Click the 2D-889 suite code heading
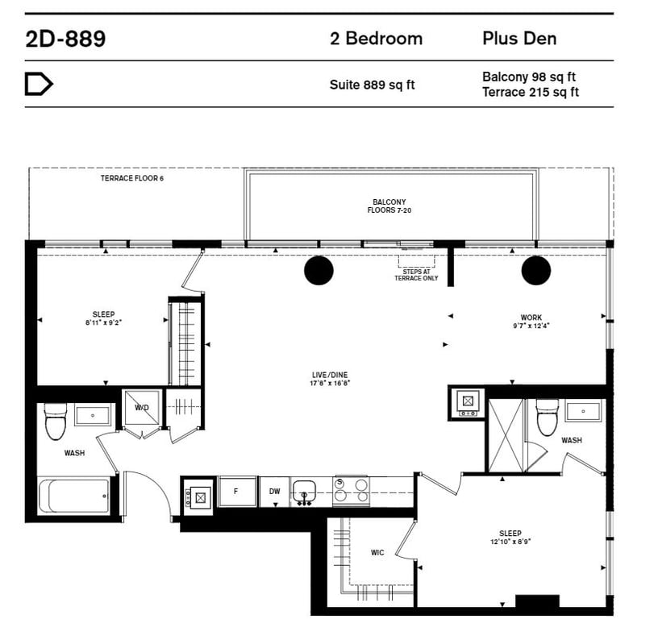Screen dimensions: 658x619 (x=65, y=39)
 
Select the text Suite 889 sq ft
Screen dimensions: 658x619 (x=372, y=85)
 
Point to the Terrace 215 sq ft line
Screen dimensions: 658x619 (x=531, y=92)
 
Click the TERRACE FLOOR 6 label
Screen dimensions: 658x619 (x=131, y=178)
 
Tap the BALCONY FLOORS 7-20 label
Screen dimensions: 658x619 (x=389, y=206)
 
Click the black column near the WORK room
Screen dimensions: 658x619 (x=536, y=271)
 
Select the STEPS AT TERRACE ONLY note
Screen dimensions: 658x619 (x=416, y=275)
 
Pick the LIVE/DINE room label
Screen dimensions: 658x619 (x=330, y=375)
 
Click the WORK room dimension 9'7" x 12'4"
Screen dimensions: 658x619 (x=531, y=326)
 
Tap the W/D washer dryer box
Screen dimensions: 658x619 (x=142, y=408)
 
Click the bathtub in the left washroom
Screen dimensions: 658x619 (x=74, y=496)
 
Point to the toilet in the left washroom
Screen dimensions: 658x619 (x=56, y=422)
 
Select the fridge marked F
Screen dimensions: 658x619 (x=236, y=491)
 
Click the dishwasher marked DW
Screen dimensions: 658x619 (x=274, y=491)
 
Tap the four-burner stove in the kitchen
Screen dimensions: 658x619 (x=351, y=491)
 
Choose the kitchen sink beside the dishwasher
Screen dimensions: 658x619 (x=304, y=492)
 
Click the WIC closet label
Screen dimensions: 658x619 (x=377, y=553)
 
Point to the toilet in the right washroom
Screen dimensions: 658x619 (x=548, y=418)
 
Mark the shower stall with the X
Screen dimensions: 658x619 (x=506, y=435)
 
